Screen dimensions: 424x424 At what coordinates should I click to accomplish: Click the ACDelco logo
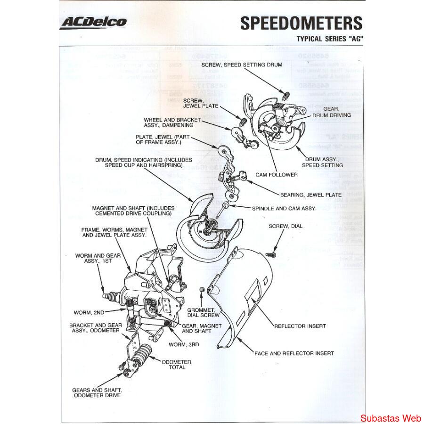93,22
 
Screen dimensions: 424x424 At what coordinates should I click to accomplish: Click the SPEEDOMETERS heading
301,23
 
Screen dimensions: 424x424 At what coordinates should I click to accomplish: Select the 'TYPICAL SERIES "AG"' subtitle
329,39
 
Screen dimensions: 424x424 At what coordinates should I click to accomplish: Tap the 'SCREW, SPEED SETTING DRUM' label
242,65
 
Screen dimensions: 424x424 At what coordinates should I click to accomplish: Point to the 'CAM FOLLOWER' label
277,175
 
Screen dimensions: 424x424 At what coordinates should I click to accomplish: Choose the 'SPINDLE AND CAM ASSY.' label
284,208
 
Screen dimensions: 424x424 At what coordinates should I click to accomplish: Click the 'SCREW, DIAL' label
285,226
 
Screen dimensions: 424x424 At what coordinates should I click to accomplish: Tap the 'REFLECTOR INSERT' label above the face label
300,326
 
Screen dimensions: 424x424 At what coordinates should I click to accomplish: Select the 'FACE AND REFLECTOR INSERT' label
294,353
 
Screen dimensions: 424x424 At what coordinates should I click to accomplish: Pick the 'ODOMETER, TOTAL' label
177,364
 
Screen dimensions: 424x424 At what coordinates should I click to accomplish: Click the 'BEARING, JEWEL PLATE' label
311,194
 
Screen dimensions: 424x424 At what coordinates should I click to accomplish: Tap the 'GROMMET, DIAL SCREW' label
203,312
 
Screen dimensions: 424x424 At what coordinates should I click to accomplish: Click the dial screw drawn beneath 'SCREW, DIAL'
271,255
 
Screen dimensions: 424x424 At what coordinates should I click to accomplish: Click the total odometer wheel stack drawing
142,357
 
